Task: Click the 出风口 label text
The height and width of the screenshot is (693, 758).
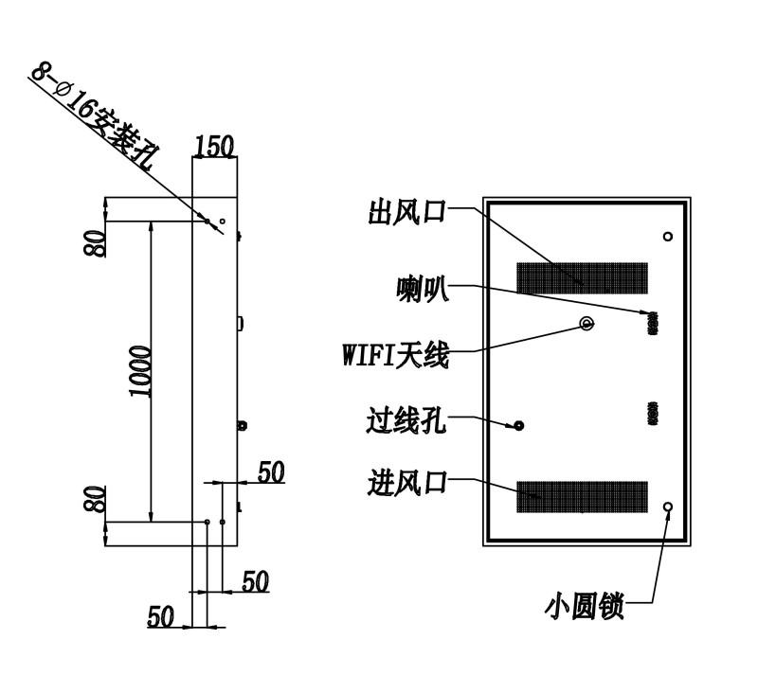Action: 406,212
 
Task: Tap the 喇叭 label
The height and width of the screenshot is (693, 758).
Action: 423,289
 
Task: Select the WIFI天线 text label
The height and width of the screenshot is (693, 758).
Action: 396,355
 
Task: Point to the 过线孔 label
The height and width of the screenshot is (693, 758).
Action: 406,420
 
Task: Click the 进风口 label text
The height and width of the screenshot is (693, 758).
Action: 407,483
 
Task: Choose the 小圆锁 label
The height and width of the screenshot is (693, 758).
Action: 585,606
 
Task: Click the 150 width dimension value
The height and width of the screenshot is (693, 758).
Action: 214,147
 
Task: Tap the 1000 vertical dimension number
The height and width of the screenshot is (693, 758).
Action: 140,371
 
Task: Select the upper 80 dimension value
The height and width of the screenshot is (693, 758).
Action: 94,243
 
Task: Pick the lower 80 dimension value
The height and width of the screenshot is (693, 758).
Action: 94,498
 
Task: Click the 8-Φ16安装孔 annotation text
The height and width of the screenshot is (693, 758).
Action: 93,115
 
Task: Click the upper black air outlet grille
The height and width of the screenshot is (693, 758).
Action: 582,278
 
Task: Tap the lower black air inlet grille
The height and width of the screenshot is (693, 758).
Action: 582,496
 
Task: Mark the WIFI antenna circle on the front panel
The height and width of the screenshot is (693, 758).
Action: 587,323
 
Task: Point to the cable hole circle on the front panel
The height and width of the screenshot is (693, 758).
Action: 518,425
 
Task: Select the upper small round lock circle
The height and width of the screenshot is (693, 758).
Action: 668,236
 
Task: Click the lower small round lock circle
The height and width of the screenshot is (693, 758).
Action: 668,506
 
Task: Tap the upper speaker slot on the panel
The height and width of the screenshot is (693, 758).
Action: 653,324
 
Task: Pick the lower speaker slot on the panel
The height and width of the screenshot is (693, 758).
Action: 653,414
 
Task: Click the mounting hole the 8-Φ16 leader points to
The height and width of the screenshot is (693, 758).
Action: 207,222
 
